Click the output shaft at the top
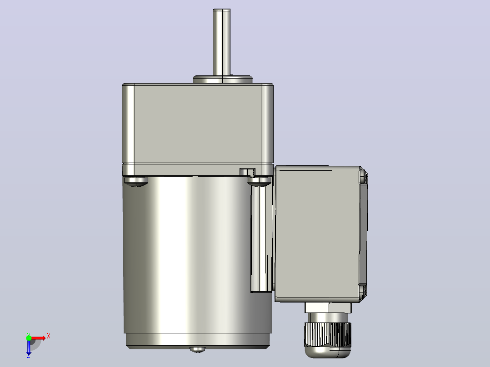pos(221,42)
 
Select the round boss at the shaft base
pos(223,79)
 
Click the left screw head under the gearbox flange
pos(136,182)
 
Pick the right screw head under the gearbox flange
pos(260,182)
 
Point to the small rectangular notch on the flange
pos(247,172)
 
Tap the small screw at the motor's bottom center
pos(198,349)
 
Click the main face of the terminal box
pos(317,233)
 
